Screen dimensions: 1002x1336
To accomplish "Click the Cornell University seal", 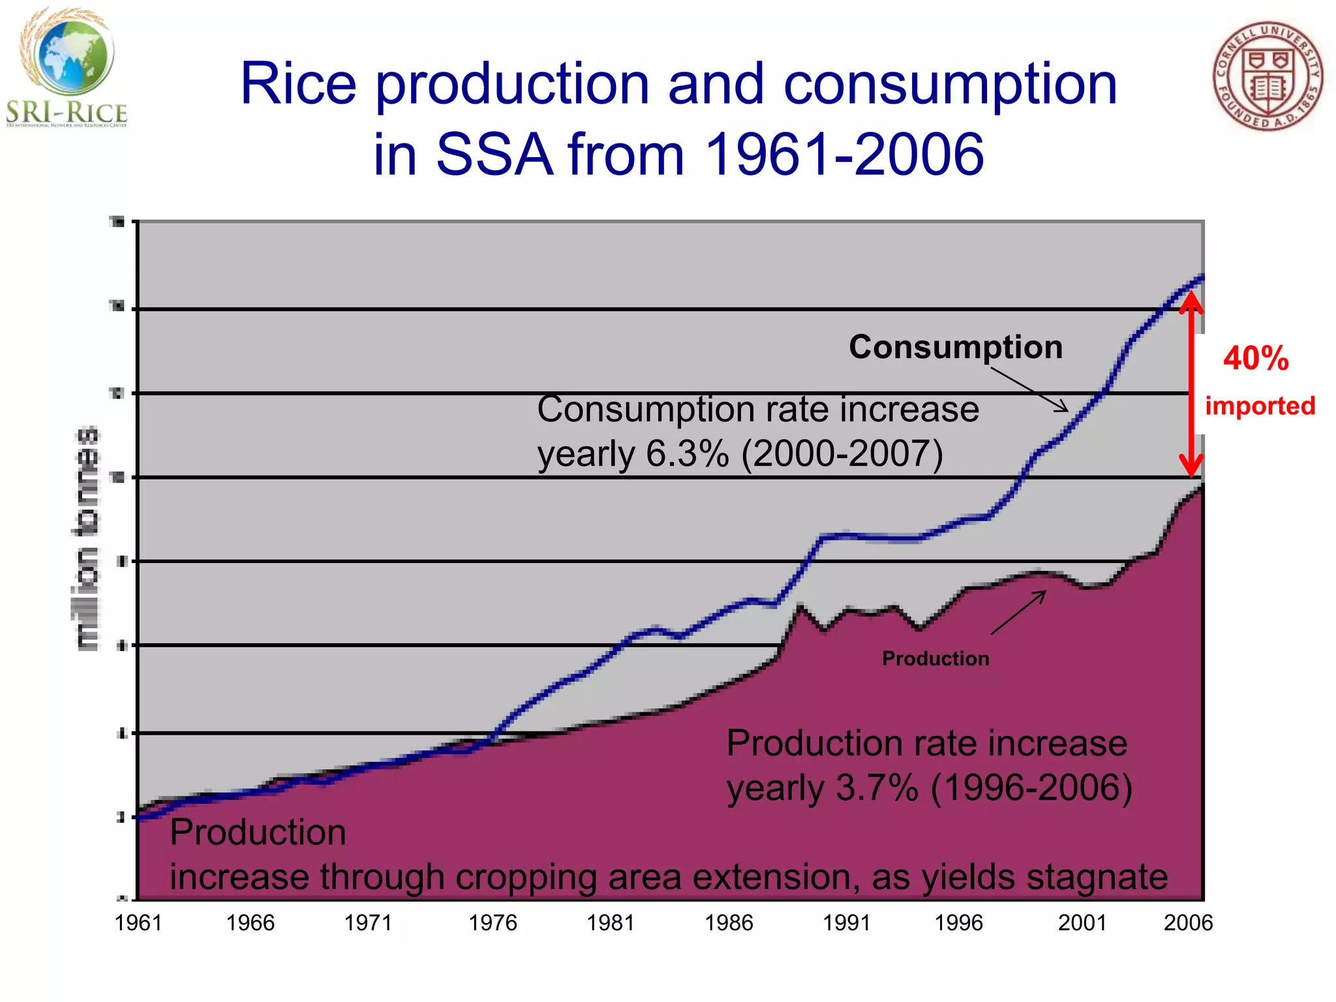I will pyautogui.click(x=1268, y=76).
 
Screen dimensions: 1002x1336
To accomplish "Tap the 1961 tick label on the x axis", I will pyautogui.click(x=138, y=922).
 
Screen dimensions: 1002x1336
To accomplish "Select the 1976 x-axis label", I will pyautogui.click(x=493, y=922).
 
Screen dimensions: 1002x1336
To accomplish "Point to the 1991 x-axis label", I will pyautogui.click(x=847, y=922).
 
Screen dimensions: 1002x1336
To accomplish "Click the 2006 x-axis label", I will pyautogui.click(x=1188, y=922).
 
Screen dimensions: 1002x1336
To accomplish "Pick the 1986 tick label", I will pyautogui.click(x=729, y=922).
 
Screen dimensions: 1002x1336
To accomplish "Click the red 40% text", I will pyautogui.click(x=1256, y=358).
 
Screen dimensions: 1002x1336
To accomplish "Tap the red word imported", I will pyautogui.click(x=1260, y=406).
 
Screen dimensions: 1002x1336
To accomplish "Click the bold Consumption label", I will pyautogui.click(x=956, y=346).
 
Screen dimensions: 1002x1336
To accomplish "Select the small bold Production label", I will pyautogui.click(x=935, y=658).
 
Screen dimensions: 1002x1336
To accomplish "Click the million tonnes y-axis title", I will pyautogui.click(x=87, y=538).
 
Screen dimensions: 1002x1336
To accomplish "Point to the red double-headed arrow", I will pyautogui.click(x=1191, y=385).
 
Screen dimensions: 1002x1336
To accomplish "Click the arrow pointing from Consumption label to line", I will pyautogui.click(x=1029, y=389).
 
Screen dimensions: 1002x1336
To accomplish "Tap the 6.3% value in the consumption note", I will pyautogui.click(x=687, y=453).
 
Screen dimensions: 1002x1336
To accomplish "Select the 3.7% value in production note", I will pyautogui.click(x=877, y=787).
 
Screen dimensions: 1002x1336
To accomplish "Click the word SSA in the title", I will pyautogui.click(x=494, y=155).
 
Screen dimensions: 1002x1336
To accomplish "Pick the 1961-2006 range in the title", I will pyautogui.click(x=844, y=155).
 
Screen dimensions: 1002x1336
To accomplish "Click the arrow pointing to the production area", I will pyautogui.click(x=1018, y=612).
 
